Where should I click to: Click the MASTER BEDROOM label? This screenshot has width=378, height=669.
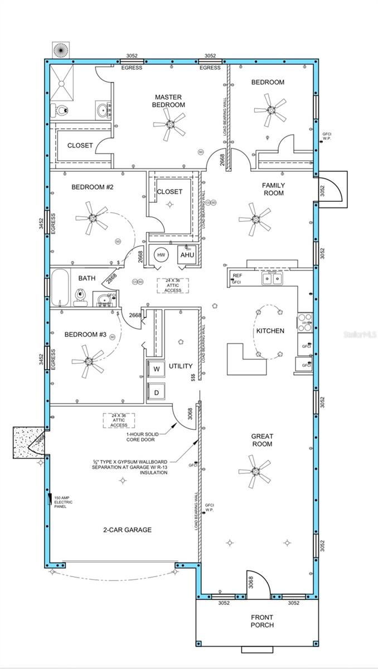tap(169, 101)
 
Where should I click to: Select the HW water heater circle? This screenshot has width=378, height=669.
tap(161, 255)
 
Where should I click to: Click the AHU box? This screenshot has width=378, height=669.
tap(186, 255)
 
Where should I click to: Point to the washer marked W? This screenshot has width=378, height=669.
tap(156, 369)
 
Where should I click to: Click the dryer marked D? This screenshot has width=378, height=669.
tap(156, 392)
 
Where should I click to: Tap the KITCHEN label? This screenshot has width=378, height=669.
tap(270, 331)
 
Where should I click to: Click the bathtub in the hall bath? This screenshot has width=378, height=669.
tap(59, 288)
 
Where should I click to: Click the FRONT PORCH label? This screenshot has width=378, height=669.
tap(262, 621)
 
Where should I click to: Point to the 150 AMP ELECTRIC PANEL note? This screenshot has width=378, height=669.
tap(64, 502)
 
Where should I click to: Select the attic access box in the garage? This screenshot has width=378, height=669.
tap(119, 420)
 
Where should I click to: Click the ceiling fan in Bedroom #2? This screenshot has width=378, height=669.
tap(89, 218)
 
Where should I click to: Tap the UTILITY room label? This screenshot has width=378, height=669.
tap(181, 366)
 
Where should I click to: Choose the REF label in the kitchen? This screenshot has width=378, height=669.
tap(238, 275)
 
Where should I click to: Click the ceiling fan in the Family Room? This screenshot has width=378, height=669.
tap(254, 219)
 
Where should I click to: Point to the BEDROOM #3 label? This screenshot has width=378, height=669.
tap(85, 334)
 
